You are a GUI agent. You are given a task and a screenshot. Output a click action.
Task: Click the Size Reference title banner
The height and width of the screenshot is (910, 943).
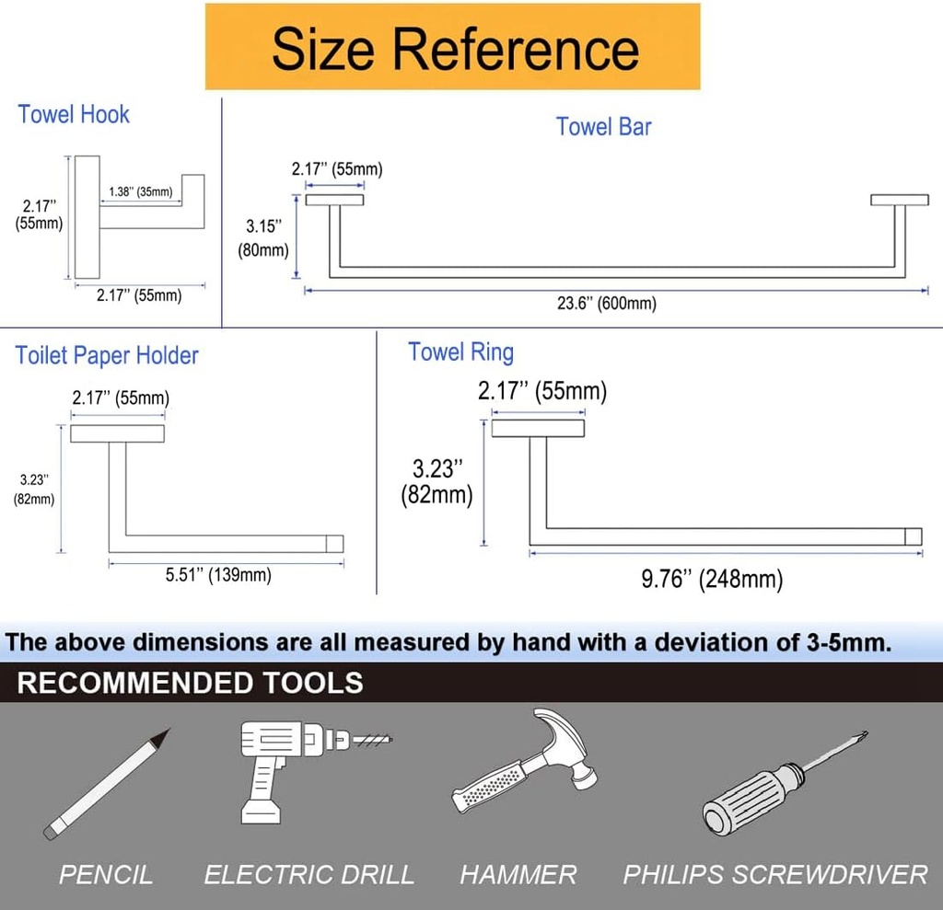[x=453, y=48]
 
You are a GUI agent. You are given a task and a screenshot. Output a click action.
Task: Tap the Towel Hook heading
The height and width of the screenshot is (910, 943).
[x=74, y=115]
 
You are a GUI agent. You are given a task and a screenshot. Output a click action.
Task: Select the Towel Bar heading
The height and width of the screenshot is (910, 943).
[x=603, y=127]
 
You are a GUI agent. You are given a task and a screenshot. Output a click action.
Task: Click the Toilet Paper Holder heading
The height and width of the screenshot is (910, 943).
[x=107, y=355]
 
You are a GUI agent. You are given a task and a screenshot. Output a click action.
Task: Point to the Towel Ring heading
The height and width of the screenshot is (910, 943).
[x=460, y=351]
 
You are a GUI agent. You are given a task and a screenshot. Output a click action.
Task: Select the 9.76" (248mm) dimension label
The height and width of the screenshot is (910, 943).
[x=711, y=579]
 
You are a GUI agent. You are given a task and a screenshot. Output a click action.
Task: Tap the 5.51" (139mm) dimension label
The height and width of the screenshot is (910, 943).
[x=218, y=576]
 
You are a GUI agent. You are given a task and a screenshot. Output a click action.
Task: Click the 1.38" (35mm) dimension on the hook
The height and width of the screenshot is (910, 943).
[x=140, y=191]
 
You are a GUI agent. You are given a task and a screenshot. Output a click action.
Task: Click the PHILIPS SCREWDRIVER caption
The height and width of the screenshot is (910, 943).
[x=774, y=874]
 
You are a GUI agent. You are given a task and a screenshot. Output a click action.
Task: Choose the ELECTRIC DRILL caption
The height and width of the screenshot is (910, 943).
[x=309, y=874]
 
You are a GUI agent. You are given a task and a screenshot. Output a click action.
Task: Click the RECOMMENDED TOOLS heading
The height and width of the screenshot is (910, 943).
[x=190, y=683]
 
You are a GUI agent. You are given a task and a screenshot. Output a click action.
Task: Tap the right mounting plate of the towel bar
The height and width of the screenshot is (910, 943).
[x=899, y=200]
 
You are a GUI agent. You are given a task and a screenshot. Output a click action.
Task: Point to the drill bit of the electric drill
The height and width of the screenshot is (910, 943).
[x=372, y=739]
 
